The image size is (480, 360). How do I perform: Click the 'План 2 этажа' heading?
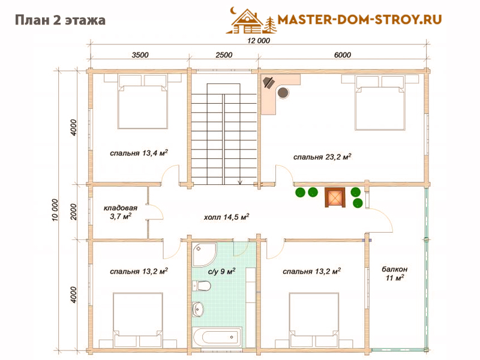pos(61,20)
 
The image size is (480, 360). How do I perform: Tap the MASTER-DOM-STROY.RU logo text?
pos(359,20)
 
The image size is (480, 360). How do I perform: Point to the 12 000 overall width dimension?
pos(259,41)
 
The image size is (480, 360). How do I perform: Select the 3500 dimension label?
pos(140,55)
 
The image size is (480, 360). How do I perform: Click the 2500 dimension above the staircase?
pos(224,55)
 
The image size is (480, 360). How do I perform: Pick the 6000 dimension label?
pos(342,55)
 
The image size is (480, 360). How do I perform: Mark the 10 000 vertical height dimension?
pos(55,210)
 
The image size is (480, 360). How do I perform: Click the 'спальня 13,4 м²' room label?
pos(139,153)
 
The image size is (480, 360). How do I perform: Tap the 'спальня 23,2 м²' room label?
pos(322,157)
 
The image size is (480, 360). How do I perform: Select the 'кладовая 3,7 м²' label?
pos(121,212)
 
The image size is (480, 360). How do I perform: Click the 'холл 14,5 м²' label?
pos(226,217)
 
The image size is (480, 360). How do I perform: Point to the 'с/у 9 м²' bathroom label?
pos(221,271)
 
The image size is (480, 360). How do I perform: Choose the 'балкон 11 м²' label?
pos(394,274)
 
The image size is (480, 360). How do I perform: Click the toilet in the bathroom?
pos(202,286)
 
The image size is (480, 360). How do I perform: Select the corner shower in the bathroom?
pos(203,253)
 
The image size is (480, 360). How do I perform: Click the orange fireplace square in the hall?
pos(335,197)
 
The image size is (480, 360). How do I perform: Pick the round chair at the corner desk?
pos(283,92)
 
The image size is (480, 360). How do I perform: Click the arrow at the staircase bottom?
pos(240,182)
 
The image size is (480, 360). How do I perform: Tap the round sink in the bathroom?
pos(198,309)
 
